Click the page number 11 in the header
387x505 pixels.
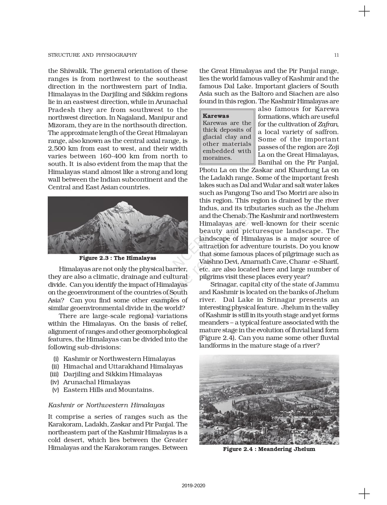pyautogui.click(x=337, y=55)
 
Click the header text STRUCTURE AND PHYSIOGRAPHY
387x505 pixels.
pyautogui.click(x=92, y=55)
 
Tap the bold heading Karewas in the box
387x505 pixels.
pyautogui.click(x=216, y=116)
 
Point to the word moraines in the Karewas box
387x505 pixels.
pyautogui.click(x=217, y=158)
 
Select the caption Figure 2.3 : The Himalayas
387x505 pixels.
pyautogui.click(x=118, y=258)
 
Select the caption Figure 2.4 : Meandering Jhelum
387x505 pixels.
pyautogui.click(x=269, y=449)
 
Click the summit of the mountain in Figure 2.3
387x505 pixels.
pyautogui.click(x=123, y=203)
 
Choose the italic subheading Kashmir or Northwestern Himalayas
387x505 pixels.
pyautogui.click(x=106, y=405)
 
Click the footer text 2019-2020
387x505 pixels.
pyautogui.click(x=193, y=486)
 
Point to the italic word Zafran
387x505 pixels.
pyautogui.click(x=328, y=124)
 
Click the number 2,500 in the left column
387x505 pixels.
pyautogui.click(x=58, y=149)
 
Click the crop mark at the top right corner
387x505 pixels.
pyautogui.click(x=364, y=12)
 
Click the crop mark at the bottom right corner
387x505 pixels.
pyautogui.click(x=364, y=493)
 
